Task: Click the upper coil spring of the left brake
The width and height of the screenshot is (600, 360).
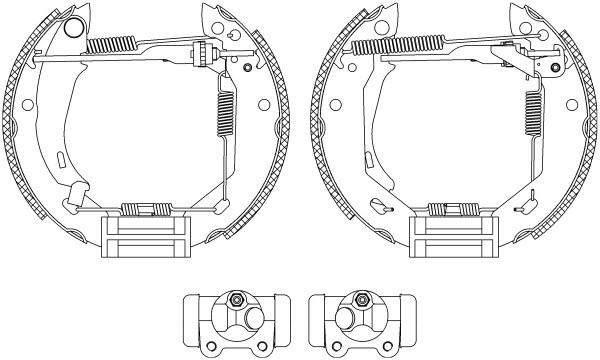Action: coord(111,44)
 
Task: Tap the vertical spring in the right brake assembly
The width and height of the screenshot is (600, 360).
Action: coord(530,110)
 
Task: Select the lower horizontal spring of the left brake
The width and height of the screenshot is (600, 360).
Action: coord(143,209)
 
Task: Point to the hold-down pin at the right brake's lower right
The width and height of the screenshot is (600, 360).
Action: coord(521,208)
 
